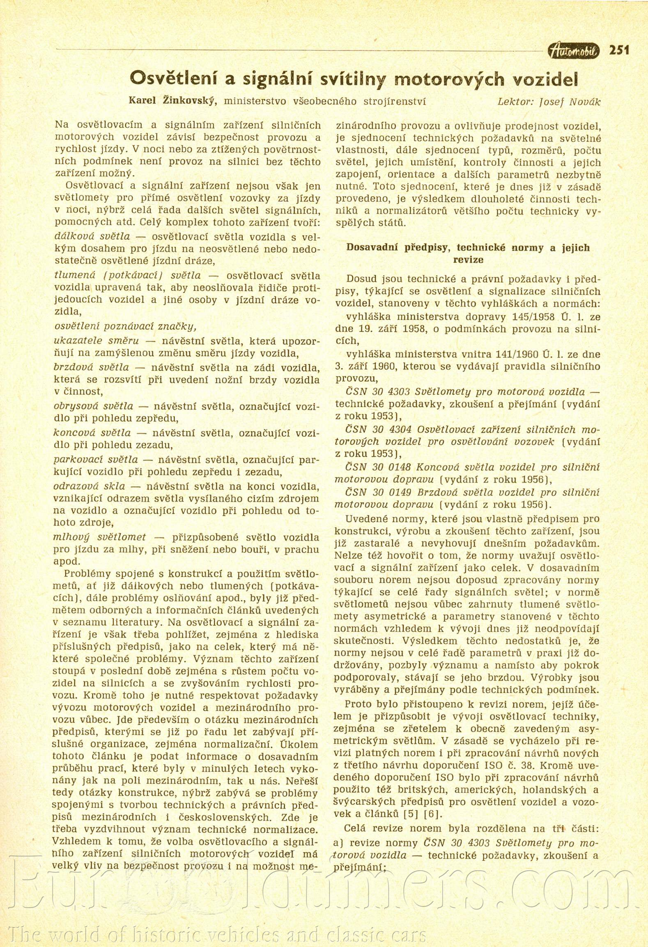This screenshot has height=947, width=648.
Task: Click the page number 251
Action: click(x=619, y=50)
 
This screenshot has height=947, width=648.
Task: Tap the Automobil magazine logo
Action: click(x=574, y=51)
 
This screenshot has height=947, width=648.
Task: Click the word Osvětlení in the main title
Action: click(x=173, y=79)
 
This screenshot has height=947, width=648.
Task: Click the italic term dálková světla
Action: click(x=92, y=237)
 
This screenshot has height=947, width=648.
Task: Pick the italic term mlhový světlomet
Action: click(x=100, y=537)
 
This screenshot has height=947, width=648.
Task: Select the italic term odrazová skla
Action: click(x=89, y=486)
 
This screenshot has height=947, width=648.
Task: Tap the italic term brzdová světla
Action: click(x=91, y=367)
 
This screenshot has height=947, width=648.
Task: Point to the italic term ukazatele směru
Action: click(x=96, y=341)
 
